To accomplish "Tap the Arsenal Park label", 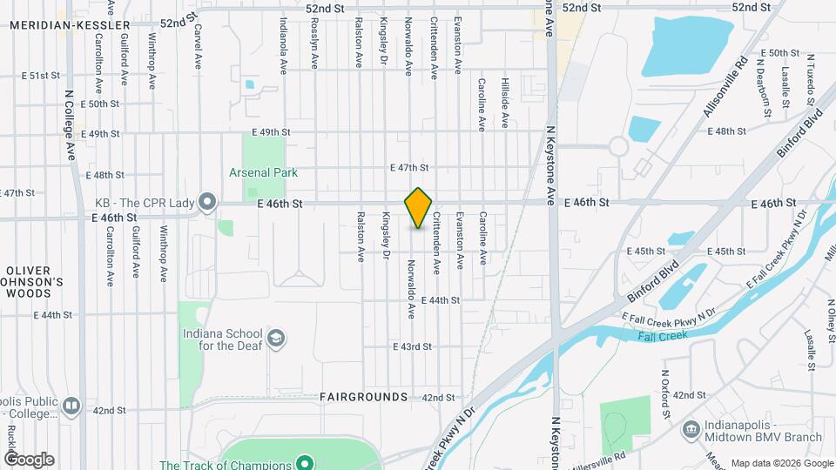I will [x=263, y=172].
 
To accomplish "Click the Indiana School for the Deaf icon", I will [x=276, y=339].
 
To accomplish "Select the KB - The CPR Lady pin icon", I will [x=207, y=203].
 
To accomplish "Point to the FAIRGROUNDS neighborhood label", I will [x=363, y=397].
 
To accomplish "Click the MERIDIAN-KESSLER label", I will [x=57, y=25].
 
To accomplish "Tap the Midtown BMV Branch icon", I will [x=691, y=429].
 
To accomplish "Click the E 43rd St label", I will [x=414, y=346].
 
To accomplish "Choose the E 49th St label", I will [x=270, y=131].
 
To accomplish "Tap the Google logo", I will [x=29, y=460].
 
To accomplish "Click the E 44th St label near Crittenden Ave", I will [x=439, y=299].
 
